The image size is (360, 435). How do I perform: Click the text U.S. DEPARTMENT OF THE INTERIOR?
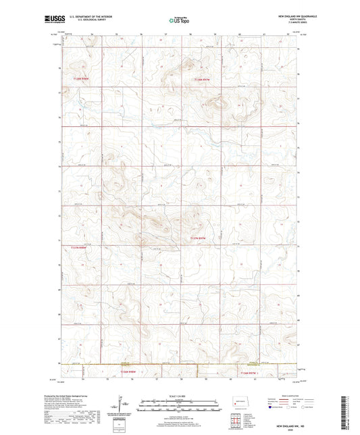pos(87,18)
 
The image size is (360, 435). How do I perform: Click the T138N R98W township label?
pos(83,79)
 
